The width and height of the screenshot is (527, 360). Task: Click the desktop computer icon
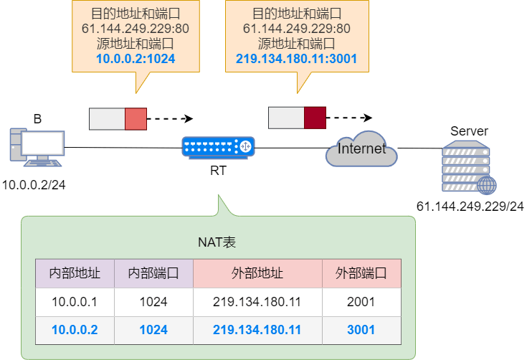(36, 148)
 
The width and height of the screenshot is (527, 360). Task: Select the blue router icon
(218, 147)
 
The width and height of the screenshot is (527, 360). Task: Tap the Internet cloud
(361, 149)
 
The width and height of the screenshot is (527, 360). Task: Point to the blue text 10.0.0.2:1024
(136, 59)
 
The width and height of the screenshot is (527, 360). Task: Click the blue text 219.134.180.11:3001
(297, 59)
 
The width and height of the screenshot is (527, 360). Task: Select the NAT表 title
(217, 242)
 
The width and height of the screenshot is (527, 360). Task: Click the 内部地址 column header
(75, 273)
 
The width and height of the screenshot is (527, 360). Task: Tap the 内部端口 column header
(153, 273)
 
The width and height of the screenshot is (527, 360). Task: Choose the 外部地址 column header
(257, 273)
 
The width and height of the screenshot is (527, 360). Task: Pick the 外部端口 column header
(361, 273)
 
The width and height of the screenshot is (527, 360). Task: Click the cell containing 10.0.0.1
(75, 302)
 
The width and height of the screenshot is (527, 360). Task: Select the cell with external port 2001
(361, 302)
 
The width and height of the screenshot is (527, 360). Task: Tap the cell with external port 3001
(361, 330)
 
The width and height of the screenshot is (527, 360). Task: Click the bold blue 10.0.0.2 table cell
(75, 330)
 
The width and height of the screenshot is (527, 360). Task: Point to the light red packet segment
(136, 119)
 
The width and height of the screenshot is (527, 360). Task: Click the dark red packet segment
(315, 118)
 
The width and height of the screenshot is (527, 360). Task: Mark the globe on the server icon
(488, 186)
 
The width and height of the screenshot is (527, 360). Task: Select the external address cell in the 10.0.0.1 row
(257, 302)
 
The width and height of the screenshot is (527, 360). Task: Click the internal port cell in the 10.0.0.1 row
(153, 302)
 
